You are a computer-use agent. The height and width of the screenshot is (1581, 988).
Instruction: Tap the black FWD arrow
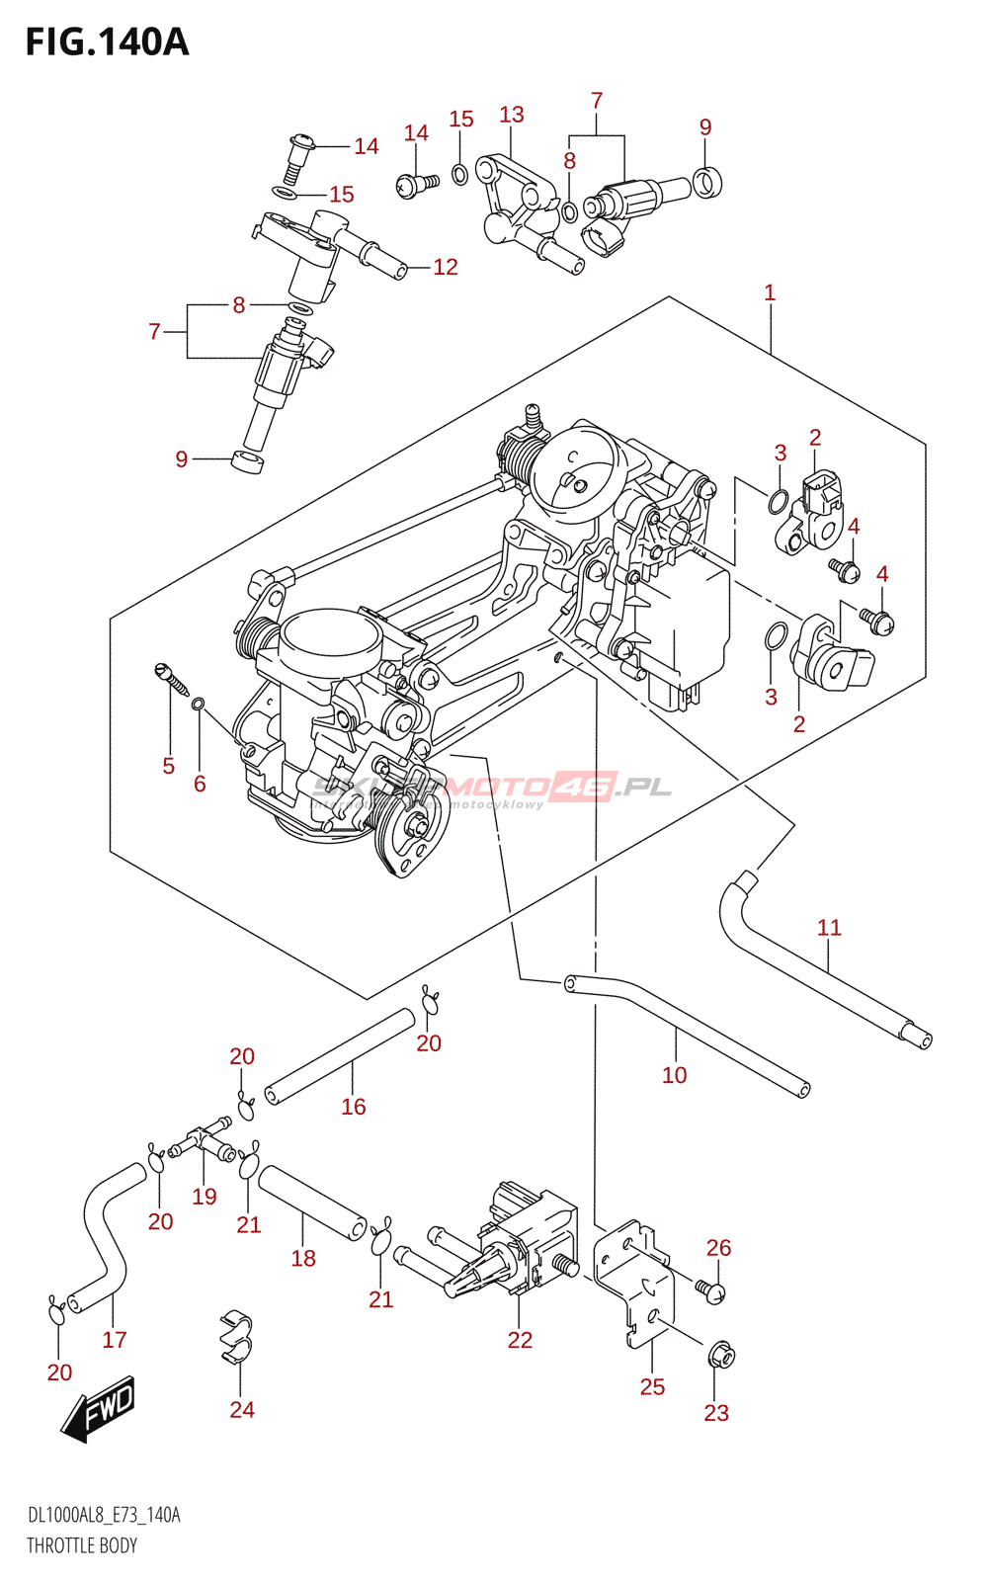click(x=98, y=1408)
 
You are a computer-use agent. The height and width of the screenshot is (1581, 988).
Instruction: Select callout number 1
click(x=770, y=292)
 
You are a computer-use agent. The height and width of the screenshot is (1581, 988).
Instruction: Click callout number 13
click(x=512, y=115)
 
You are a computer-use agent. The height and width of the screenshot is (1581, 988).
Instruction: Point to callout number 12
click(x=446, y=267)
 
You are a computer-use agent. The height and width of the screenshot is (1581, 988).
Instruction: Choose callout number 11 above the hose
click(x=829, y=927)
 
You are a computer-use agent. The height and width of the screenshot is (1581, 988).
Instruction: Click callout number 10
click(x=674, y=1075)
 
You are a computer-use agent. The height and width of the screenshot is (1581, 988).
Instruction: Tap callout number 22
click(x=520, y=1340)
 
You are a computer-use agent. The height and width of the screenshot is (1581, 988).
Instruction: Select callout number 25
click(x=652, y=1386)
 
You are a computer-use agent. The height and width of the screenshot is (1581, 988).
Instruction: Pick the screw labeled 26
click(x=710, y=1290)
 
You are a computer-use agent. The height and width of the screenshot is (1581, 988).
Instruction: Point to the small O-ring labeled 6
click(x=198, y=704)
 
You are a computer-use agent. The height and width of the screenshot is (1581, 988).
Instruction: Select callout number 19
click(x=205, y=1197)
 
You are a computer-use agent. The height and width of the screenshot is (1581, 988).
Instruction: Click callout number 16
click(x=354, y=1107)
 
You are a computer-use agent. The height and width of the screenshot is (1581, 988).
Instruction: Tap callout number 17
click(x=115, y=1339)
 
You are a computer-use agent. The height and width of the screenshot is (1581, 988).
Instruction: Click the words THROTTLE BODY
click(x=82, y=1545)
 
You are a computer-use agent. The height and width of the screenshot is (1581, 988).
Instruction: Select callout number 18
click(x=303, y=1258)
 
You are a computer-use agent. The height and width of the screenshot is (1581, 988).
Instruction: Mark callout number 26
click(x=719, y=1248)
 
